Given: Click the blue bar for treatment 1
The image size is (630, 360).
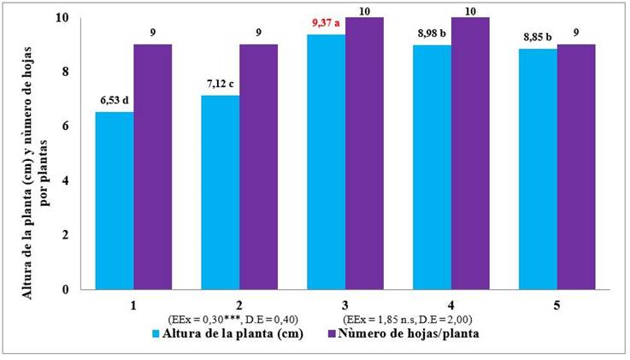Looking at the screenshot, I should [x=115, y=201].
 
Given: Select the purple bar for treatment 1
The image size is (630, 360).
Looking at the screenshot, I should [x=153, y=167].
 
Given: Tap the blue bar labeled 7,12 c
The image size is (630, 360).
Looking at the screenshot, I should [x=221, y=192].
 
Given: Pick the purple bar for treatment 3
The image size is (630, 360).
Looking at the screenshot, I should [x=365, y=154].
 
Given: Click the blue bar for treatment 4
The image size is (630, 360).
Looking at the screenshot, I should [x=433, y=167].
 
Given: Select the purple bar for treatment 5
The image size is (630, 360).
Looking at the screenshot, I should [x=576, y=167].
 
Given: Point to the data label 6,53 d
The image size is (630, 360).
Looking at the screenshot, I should [x=114, y=102].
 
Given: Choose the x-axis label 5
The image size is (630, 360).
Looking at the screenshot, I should [x=556, y=304].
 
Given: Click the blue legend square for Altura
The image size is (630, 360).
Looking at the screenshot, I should [x=156, y=333].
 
